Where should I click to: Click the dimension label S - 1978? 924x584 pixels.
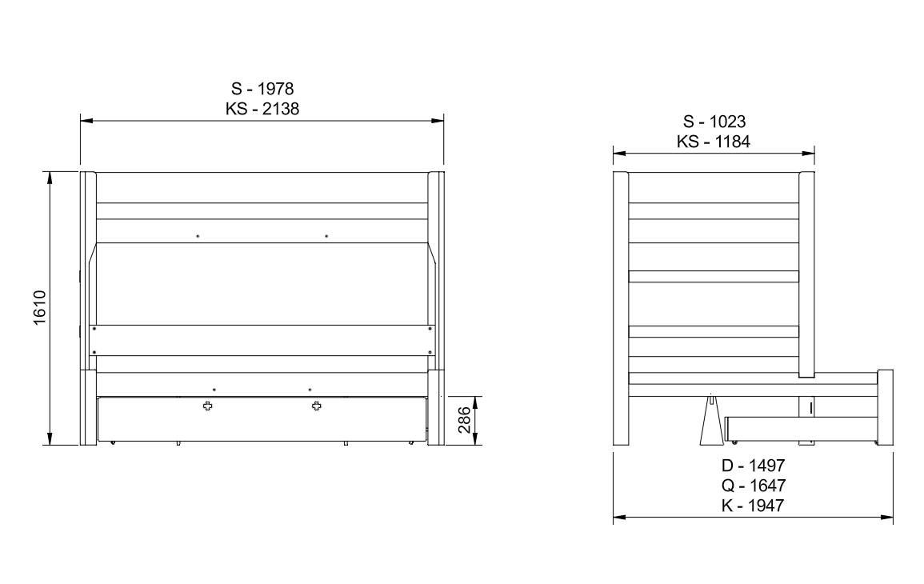click(x=262, y=89)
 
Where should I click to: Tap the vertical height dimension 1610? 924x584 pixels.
click(x=41, y=308)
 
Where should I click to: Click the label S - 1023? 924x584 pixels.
click(x=714, y=122)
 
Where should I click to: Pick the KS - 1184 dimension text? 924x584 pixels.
click(x=714, y=142)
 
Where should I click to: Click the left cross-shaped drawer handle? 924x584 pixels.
click(x=209, y=406)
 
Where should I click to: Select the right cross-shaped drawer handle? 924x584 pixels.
click(x=317, y=406)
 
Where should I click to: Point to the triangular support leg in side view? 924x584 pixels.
click(x=710, y=422)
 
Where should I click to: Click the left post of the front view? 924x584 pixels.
click(x=88, y=308)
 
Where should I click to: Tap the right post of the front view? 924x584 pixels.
click(x=436, y=308)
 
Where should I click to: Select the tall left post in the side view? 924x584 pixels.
click(x=621, y=308)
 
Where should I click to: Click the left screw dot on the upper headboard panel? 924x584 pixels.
click(x=198, y=236)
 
